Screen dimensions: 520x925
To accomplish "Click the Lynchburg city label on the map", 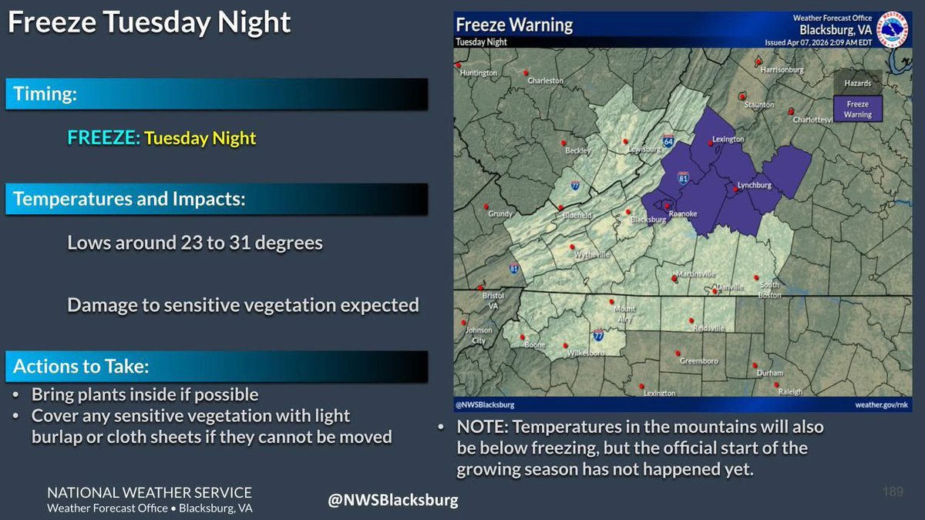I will pyautogui.click(x=755, y=186).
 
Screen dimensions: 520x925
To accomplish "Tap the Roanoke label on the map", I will pyautogui.click(x=684, y=213).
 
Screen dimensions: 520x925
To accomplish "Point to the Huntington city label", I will pyautogui.click(x=479, y=72).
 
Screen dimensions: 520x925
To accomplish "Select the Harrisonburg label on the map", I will pyautogui.click(x=782, y=69).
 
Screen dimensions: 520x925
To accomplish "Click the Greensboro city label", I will pyautogui.click(x=698, y=361).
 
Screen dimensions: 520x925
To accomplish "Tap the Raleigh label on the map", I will pyautogui.click(x=790, y=391).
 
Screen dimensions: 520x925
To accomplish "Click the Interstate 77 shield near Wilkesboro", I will pyautogui.click(x=598, y=335).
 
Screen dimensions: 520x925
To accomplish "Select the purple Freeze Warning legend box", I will pyautogui.click(x=857, y=109).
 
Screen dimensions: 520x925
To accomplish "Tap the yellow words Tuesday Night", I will pyautogui.click(x=200, y=139).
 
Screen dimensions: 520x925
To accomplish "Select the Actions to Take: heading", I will pyautogui.click(x=81, y=366).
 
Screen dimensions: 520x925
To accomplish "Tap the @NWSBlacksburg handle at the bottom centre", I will pyautogui.click(x=393, y=500).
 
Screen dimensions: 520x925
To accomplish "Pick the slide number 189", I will pyautogui.click(x=892, y=491).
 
